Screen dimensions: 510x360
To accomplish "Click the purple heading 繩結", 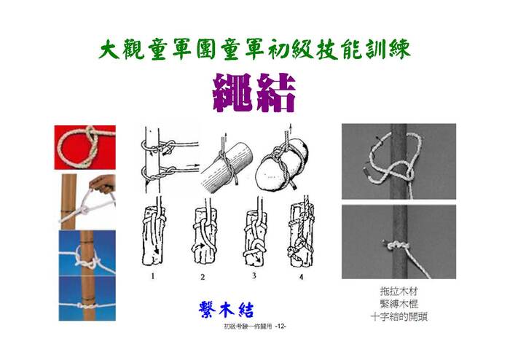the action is [254, 93].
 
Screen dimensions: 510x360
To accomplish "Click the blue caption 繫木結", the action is [226, 309].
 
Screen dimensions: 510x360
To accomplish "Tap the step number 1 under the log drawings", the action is [152, 276].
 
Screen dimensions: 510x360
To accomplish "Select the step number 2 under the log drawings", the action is [203, 277].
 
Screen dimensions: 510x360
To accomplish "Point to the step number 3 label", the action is [254, 275].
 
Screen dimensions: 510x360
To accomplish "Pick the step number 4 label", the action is [301, 277].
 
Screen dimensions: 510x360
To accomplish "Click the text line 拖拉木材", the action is [399, 291].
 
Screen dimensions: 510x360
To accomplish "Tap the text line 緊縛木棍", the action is [399, 304].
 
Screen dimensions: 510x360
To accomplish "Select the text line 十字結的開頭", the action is [399, 316].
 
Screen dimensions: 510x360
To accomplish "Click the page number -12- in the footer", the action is [280, 326].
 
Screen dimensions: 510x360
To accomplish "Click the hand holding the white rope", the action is [103, 184].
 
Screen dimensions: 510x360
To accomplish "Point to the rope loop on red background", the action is [78, 148].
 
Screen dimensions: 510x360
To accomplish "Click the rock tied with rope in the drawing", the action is [281, 166].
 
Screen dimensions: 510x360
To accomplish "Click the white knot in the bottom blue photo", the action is [84, 305].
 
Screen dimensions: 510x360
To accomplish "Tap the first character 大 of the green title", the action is [110, 50].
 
